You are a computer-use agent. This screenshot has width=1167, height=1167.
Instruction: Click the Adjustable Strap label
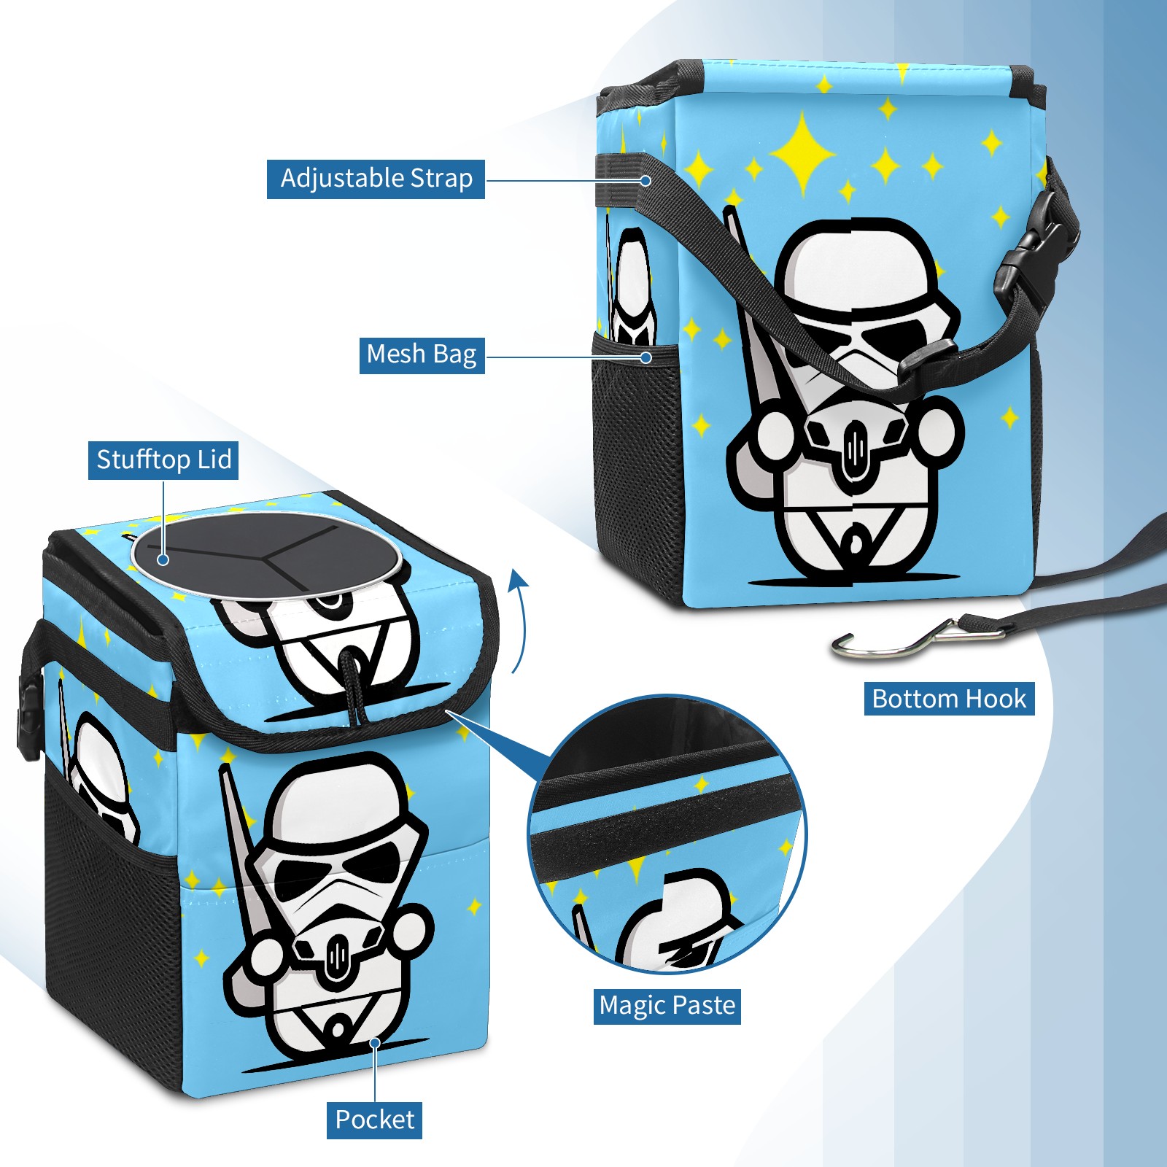click(x=376, y=179)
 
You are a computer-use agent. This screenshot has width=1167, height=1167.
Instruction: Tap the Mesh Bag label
click(x=422, y=354)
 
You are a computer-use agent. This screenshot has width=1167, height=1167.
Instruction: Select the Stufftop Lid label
click(x=163, y=460)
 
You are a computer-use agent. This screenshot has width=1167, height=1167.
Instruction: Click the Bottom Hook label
click(x=949, y=699)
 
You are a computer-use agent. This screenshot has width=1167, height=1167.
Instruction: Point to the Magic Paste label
click(x=667, y=1006)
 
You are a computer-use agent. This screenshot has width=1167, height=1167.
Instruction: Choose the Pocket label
click(x=374, y=1120)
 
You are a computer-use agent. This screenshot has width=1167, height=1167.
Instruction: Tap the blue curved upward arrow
click(x=519, y=621)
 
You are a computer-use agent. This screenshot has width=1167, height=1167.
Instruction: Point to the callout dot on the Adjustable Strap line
click(x=645, y=180)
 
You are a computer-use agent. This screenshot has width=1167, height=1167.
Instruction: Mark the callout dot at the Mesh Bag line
click(x=645, y=357)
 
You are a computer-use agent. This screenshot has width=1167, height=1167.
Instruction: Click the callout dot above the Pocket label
click(x=375, y=1043)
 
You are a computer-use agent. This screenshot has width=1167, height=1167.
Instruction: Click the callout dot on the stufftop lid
click(x=163, y=559)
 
